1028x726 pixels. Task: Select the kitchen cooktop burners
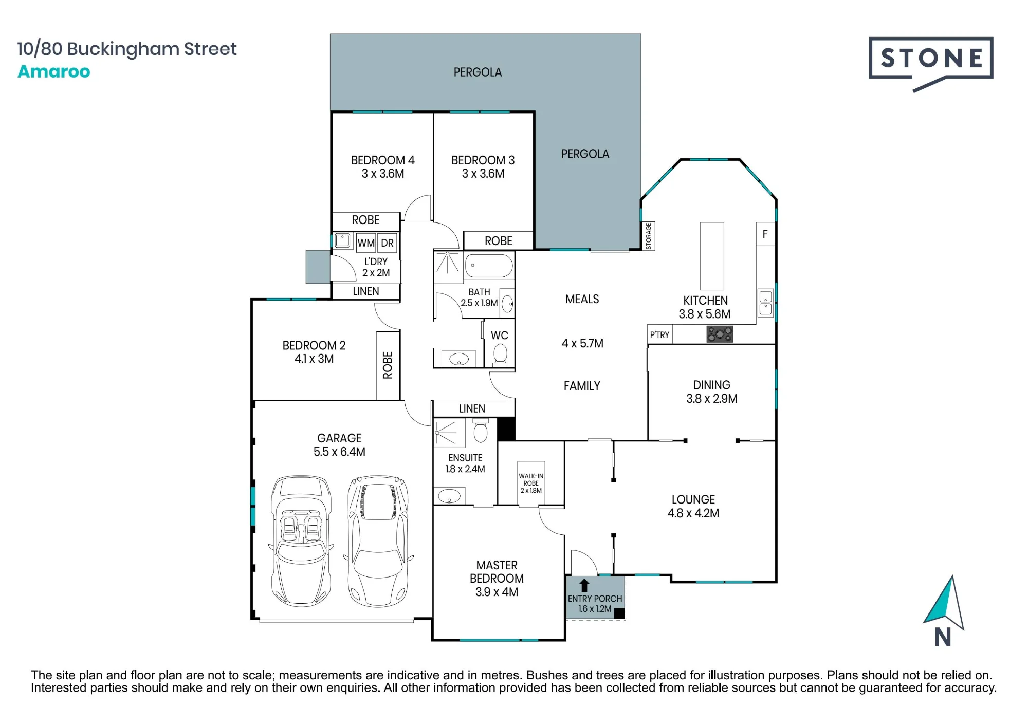coord(720,334)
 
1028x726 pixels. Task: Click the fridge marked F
coord(765,234)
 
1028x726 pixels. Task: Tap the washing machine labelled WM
coord(366,243)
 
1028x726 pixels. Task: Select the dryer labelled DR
coord(387,243)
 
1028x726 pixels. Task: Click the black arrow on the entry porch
coord(584,585)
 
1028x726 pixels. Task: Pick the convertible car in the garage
coord(301,541)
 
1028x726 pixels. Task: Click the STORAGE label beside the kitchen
coord(649,236)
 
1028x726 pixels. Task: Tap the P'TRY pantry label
coord(659,335)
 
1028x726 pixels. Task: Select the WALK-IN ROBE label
coord(531,483)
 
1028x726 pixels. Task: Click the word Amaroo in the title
coord(54,71)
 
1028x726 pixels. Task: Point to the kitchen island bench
coord(712,256)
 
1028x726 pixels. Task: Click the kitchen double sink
coord(766,303)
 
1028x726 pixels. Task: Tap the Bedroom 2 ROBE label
coord(388,365)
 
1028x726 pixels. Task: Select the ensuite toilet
coord(480,430)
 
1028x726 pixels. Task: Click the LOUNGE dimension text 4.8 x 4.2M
coord(693,513)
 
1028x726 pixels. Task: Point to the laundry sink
coord(342,240)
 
